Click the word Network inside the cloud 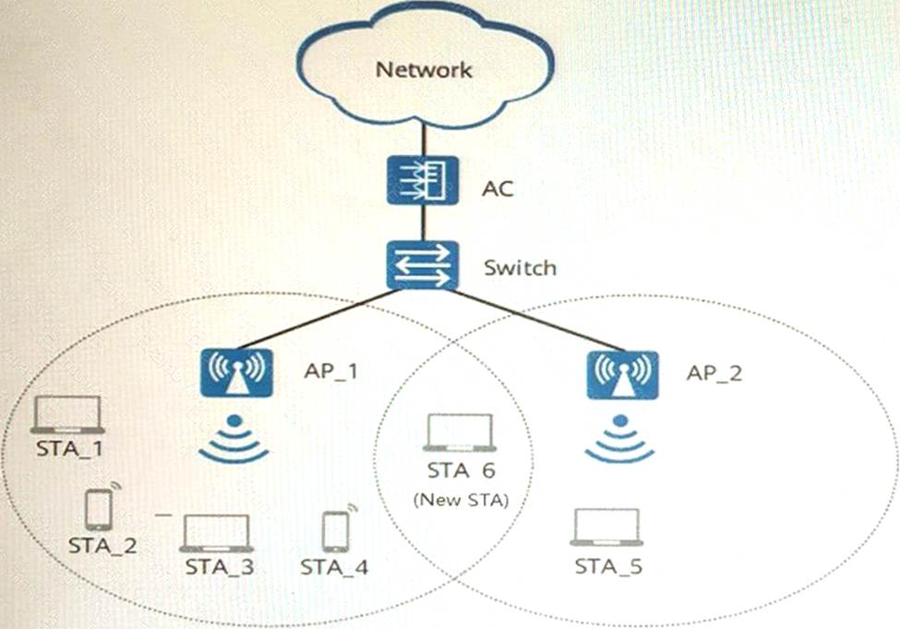point(425,70)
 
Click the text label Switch point(521,268)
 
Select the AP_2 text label point(714,373)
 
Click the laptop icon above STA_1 point(66,415)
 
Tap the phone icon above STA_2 point(99,509)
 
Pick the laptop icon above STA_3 point(216,534)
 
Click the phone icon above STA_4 point(335,531)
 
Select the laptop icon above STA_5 point(606,527)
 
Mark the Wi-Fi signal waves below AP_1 point(234,441)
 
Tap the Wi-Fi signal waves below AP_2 point(620,441)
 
